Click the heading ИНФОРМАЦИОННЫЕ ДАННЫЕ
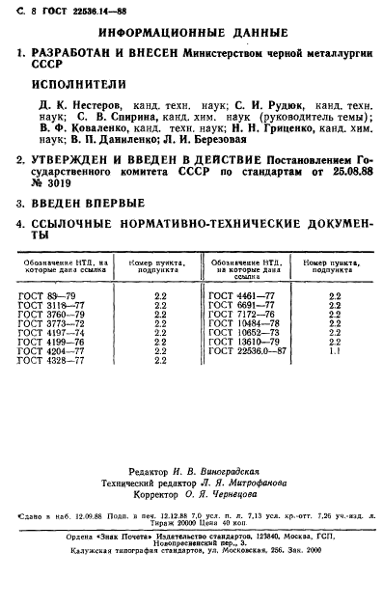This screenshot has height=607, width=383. [x=193, y=32]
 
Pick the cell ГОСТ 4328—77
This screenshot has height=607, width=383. [x=57, y=361]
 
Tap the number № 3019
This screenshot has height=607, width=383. [x=51, y=182]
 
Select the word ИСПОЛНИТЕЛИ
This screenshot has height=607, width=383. [x=77, y=83]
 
